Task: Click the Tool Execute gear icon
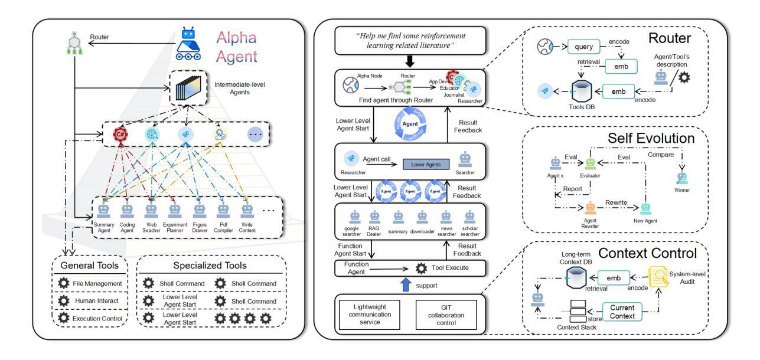click(421, 268)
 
